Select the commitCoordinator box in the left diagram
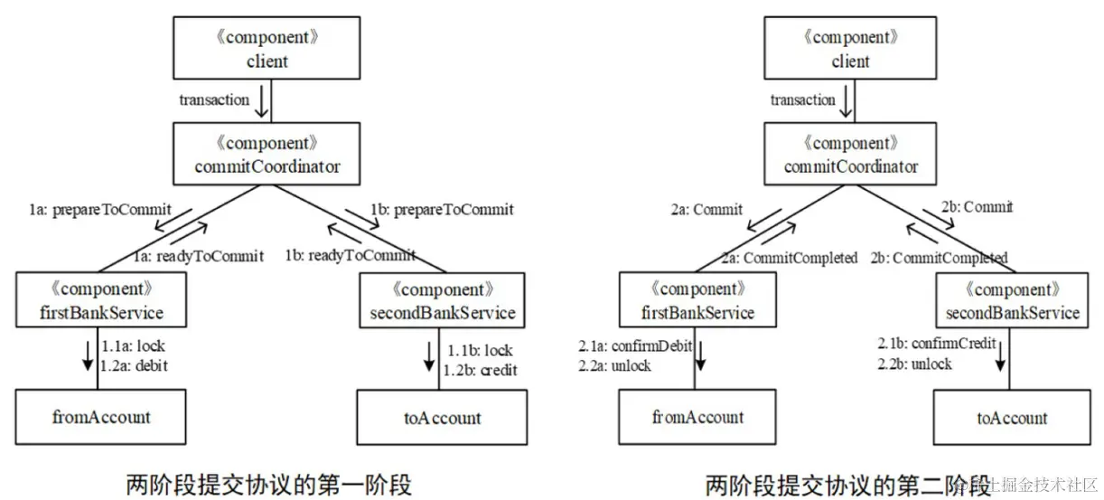coord(267,155)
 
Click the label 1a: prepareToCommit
coord(99,210)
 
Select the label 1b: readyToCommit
coord(351,256)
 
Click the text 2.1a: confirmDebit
coord(635,346)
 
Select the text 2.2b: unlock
coord(915,363)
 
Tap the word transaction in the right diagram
coord(803,100)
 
